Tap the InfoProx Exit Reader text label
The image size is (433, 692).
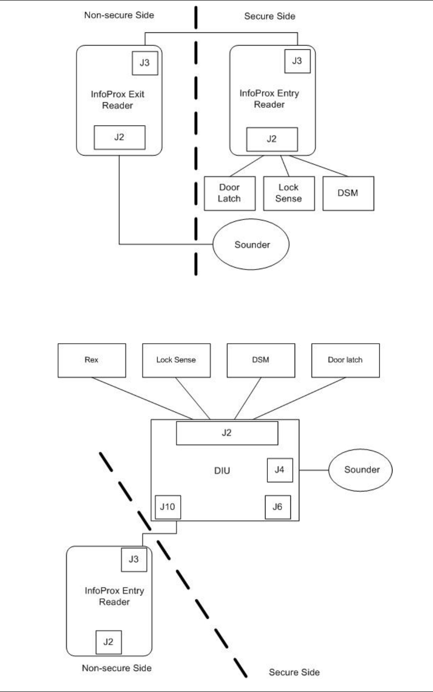117,100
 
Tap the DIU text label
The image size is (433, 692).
222,471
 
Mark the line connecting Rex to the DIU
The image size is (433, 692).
142,399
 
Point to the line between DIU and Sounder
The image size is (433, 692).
314,470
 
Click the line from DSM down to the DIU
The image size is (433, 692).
248,399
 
